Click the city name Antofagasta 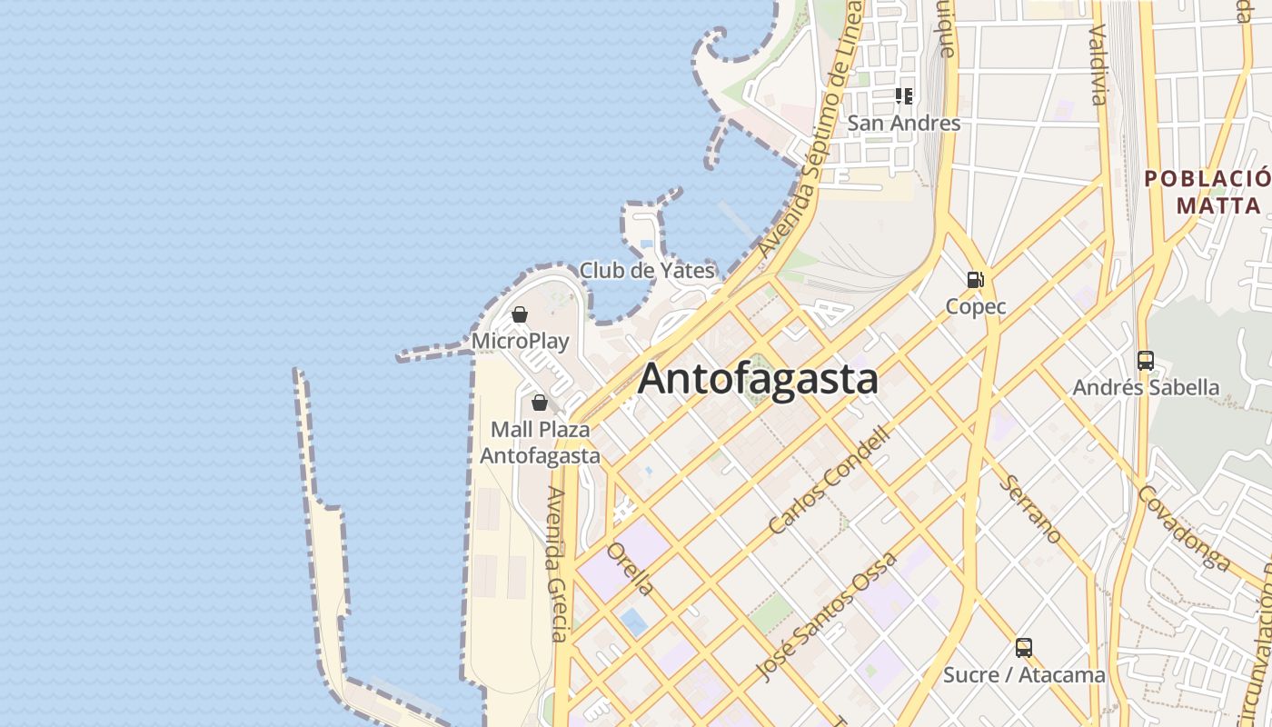(x=758, y=379)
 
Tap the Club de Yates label (x=647, y=270)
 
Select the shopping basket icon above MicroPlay (x=520, y=315)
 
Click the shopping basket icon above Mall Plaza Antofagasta (x=540, y=403)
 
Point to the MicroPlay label (x=521, y=342)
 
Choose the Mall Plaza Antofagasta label (x=540, y=442)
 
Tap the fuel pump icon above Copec (x=976, y=280)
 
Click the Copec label (x=976, y=306)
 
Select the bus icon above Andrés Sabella (x=1146, y=361)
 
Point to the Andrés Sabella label (x=1146, y=387)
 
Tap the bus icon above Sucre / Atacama (x=1024, y=648)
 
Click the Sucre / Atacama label (x=1024, y=675)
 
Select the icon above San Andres (x=904, y=95)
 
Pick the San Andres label (x=904, y=123)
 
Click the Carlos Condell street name (x=829, y=480)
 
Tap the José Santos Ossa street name (x=827, y=615)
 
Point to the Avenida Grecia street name (x=557, y=563)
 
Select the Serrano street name (x=1030, y=509)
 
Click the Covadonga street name (x=1183, y=527)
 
